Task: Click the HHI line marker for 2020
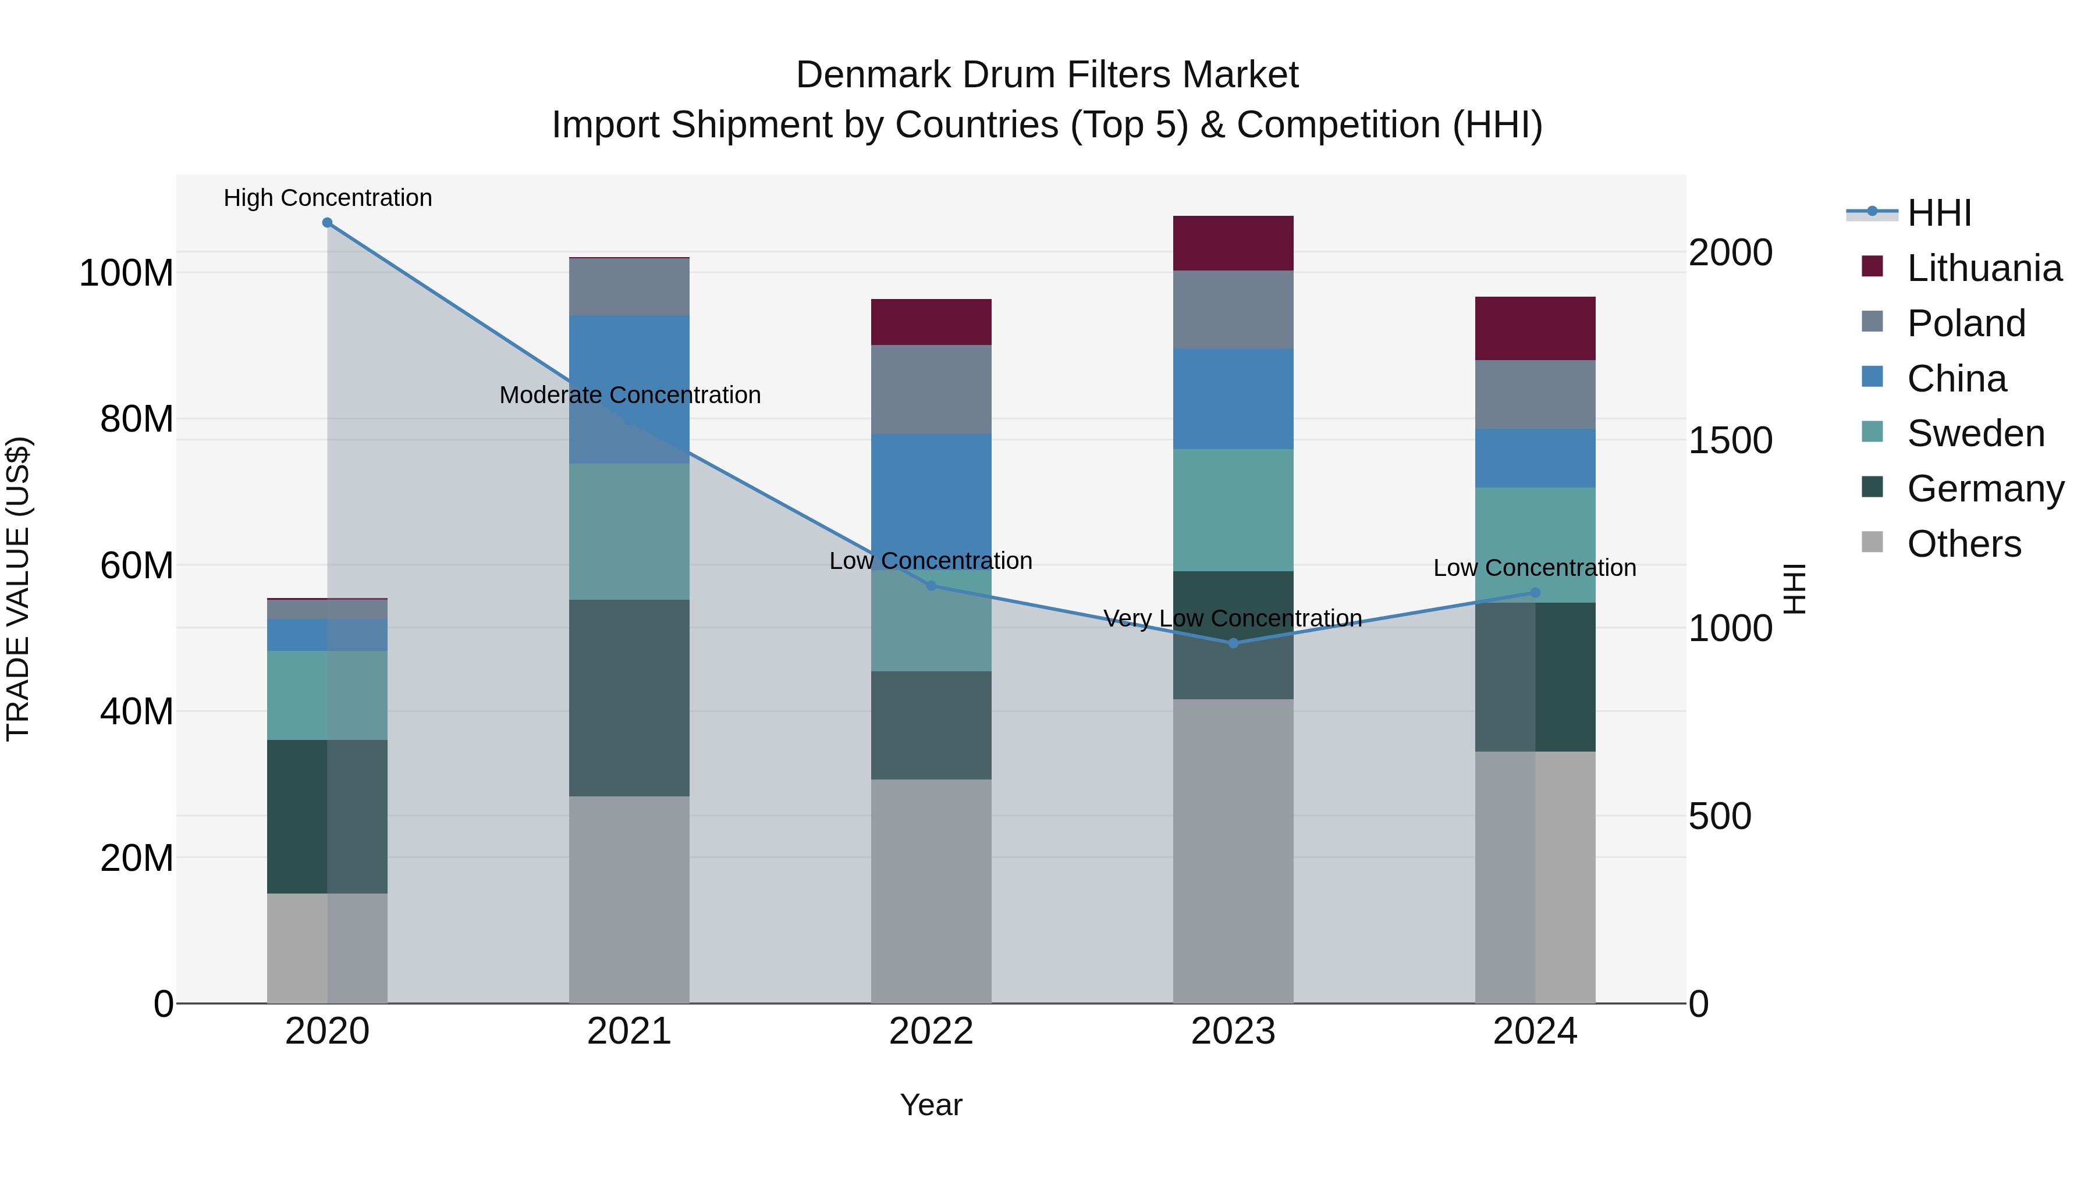point(327,223)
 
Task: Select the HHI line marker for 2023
point(1233,643)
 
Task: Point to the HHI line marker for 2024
point(1535,593)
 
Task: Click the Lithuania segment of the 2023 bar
point(1233,243)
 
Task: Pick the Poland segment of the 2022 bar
point(931,389)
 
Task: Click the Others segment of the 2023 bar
point(1233,850)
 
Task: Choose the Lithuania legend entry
point(1984,268)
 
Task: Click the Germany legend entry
point(1984,489)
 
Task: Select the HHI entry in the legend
point(1939,213)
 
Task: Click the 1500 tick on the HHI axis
point(1730,440)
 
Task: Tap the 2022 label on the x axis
point(931,1031)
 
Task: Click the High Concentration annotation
point(328,198)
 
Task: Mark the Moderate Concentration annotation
point(630,395)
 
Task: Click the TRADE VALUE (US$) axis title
point(18,589)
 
